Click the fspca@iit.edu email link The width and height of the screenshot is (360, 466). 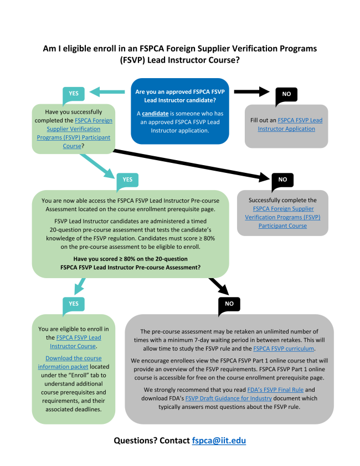(x=219, y=441)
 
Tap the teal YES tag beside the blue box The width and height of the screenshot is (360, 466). (x=74, y=94)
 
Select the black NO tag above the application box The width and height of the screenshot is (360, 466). (x=286, y=94)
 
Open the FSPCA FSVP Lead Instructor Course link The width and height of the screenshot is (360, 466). (x=78, y=342)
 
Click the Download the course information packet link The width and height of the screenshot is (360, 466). (x=69, y=362)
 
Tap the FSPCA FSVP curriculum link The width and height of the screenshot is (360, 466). (x=284, y=348)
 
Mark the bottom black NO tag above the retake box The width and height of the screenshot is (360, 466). (x=229, y=304)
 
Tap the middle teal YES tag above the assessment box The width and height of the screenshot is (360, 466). (x=127, y=180)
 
